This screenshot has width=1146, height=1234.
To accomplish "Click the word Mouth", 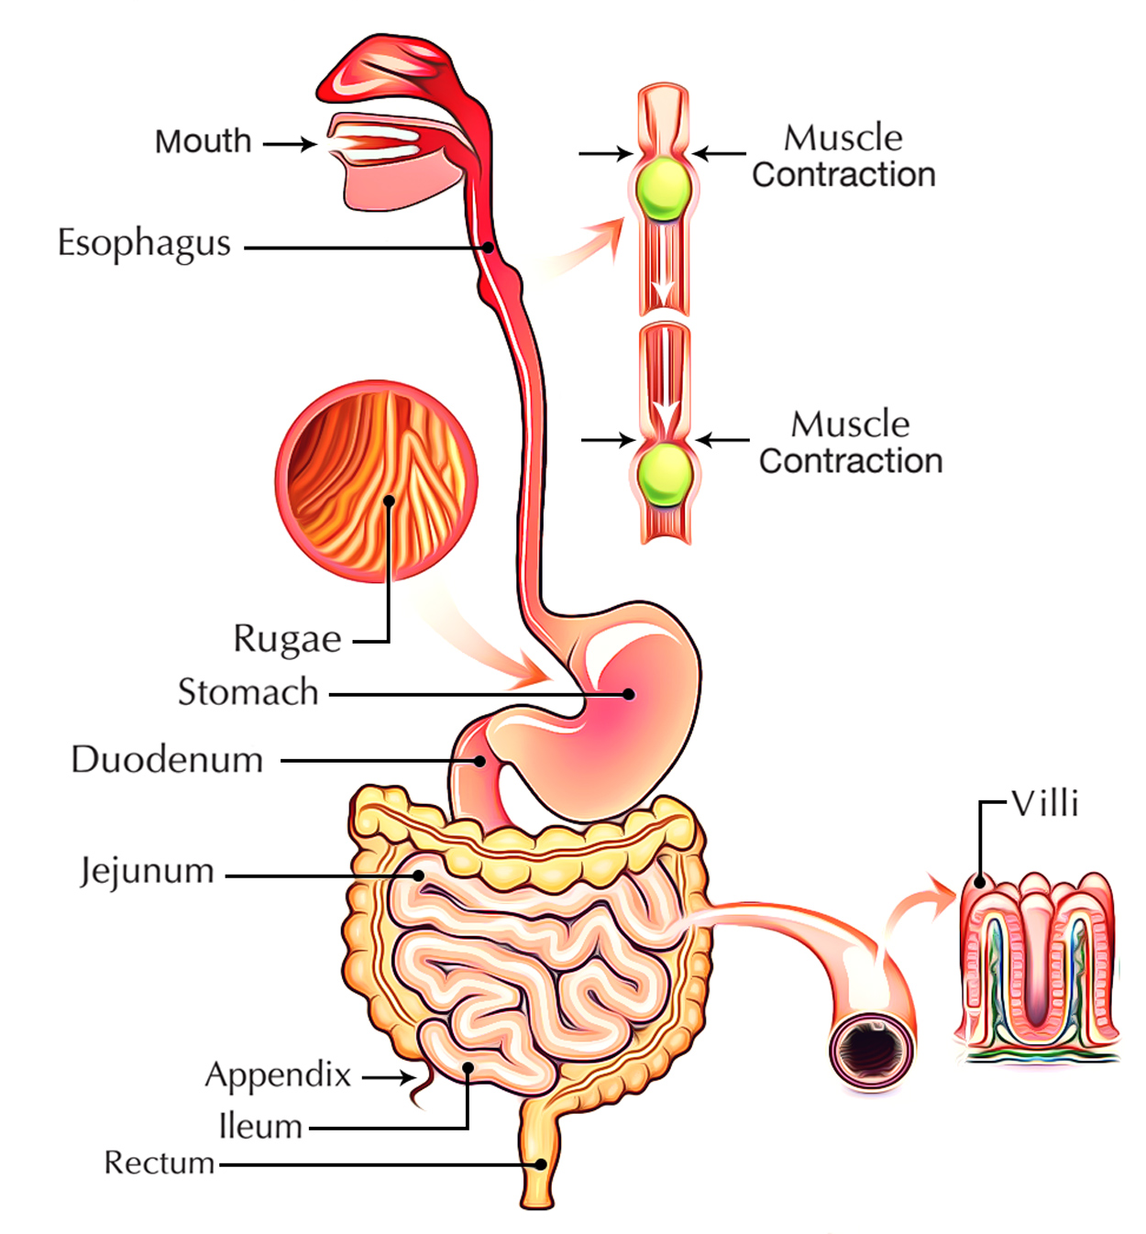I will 203,141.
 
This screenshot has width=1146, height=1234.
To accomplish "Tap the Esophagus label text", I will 144,244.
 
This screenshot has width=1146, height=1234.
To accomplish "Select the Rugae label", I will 287,638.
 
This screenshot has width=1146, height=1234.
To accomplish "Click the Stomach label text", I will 248,692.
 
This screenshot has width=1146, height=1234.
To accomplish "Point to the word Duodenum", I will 167,760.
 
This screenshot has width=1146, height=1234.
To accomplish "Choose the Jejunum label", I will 147,871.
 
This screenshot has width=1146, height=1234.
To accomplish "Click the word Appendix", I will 278,1074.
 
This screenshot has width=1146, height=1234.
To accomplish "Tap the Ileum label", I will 260,1126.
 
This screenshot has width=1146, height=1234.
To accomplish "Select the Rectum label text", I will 159,1162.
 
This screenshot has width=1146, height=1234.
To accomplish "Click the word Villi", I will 1045,804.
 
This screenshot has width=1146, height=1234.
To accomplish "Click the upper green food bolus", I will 664,187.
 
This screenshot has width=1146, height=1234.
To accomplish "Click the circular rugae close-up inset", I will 376,481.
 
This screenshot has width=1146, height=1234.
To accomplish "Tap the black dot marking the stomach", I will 628,694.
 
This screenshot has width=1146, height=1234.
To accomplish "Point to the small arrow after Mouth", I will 289,144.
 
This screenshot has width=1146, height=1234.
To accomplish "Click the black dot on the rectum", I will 541,1164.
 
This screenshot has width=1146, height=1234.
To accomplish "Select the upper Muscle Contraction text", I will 843,156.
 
